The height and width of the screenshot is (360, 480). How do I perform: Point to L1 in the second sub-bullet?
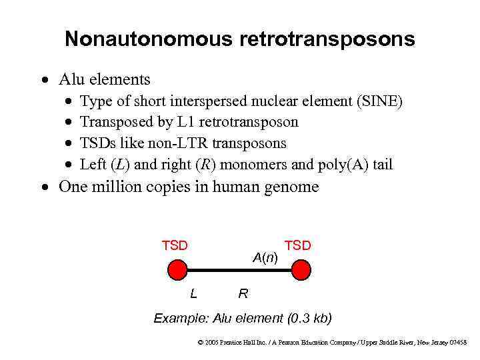[185, 122]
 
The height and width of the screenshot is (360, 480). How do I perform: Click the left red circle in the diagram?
[177, 270]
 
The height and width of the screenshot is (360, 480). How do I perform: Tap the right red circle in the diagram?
[301, 270]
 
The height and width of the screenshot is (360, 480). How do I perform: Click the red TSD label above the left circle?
[175, 245]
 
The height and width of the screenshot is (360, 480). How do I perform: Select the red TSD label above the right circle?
[298, 246]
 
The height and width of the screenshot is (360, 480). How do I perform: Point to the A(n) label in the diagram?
[265, 257]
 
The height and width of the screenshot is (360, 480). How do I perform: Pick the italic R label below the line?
[243, 293]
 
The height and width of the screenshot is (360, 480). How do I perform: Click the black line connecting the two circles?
[239, 270]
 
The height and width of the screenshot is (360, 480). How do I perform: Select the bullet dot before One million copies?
[44, 187]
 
